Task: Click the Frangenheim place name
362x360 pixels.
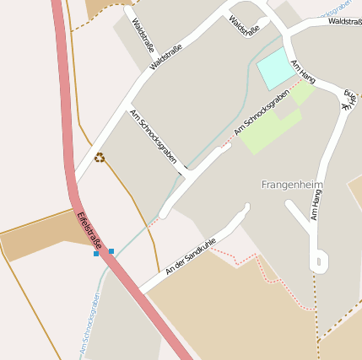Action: pos(293,185)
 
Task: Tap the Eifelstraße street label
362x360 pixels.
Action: pos(89,229)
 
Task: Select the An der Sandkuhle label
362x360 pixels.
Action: pos(192,255)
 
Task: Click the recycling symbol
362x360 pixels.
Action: pos(100,157)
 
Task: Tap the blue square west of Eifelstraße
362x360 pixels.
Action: pos(96,253)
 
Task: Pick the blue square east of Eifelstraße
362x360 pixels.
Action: pos(111,251)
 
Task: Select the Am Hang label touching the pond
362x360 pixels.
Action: pos(302,71)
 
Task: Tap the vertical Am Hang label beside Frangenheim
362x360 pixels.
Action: pos(316,205)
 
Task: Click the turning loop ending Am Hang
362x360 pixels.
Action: pos(319,261)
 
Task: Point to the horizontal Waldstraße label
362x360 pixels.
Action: pos(345,21)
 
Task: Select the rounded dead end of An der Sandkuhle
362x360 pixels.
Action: pos(246,207)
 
